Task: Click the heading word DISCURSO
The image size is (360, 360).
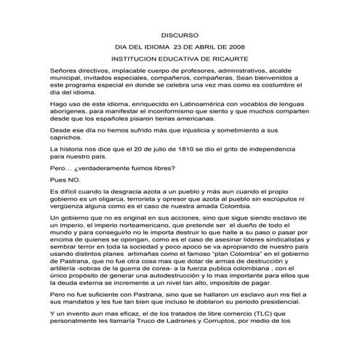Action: click(180, 33)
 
